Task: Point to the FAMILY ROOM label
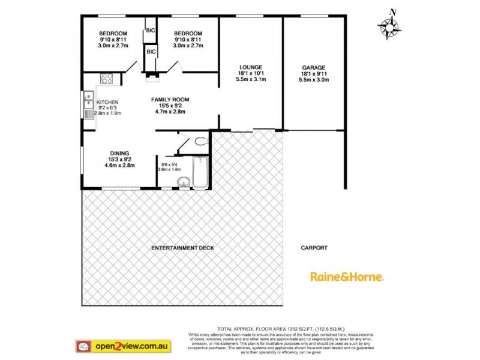click(170, 100)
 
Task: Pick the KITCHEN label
click(108, 102)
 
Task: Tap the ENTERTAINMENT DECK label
click(182, 248)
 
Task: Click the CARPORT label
click(314, 248)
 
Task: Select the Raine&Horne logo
click(347, 277)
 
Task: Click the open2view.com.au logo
click(124, 346)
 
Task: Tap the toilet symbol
click(199, 142)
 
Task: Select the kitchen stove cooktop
click(107, 78)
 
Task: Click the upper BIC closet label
click(149, 30)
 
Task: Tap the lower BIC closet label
click(151, 52)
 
